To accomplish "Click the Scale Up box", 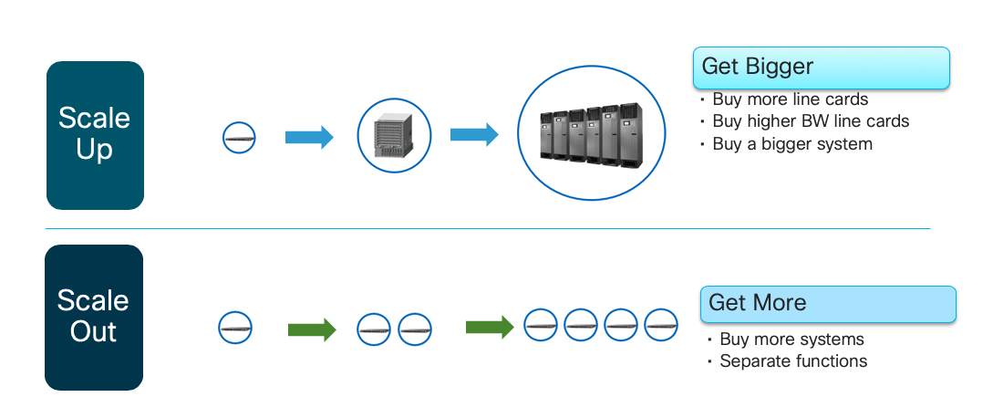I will click(x=95, y=135).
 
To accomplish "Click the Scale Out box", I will click(x=94, y=317).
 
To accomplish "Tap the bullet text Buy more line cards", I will click(x=790, y=99).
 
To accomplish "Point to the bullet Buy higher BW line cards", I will click(x=810, y=121).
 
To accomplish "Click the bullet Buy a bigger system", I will click(x=791, y=144).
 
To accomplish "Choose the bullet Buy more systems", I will click(x=791, y=340).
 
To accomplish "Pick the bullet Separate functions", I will click(x=793, y=361).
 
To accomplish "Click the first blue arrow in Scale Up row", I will click(x=309, y=138).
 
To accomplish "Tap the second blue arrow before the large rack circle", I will click(x=474, y=135).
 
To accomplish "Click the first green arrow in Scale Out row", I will click(x=312, y=329).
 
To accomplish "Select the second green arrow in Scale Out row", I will click(x=490, y=326).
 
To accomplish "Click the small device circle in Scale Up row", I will click(x=239, y=139).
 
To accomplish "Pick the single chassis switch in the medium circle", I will click(x=393, y=136).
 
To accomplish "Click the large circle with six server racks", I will click(x=592, y=133).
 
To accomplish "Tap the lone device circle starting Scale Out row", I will click(x=235, y=328).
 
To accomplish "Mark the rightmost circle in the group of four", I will click(x=660, y=324).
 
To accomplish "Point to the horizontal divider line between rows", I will click(x=487, y=228).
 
